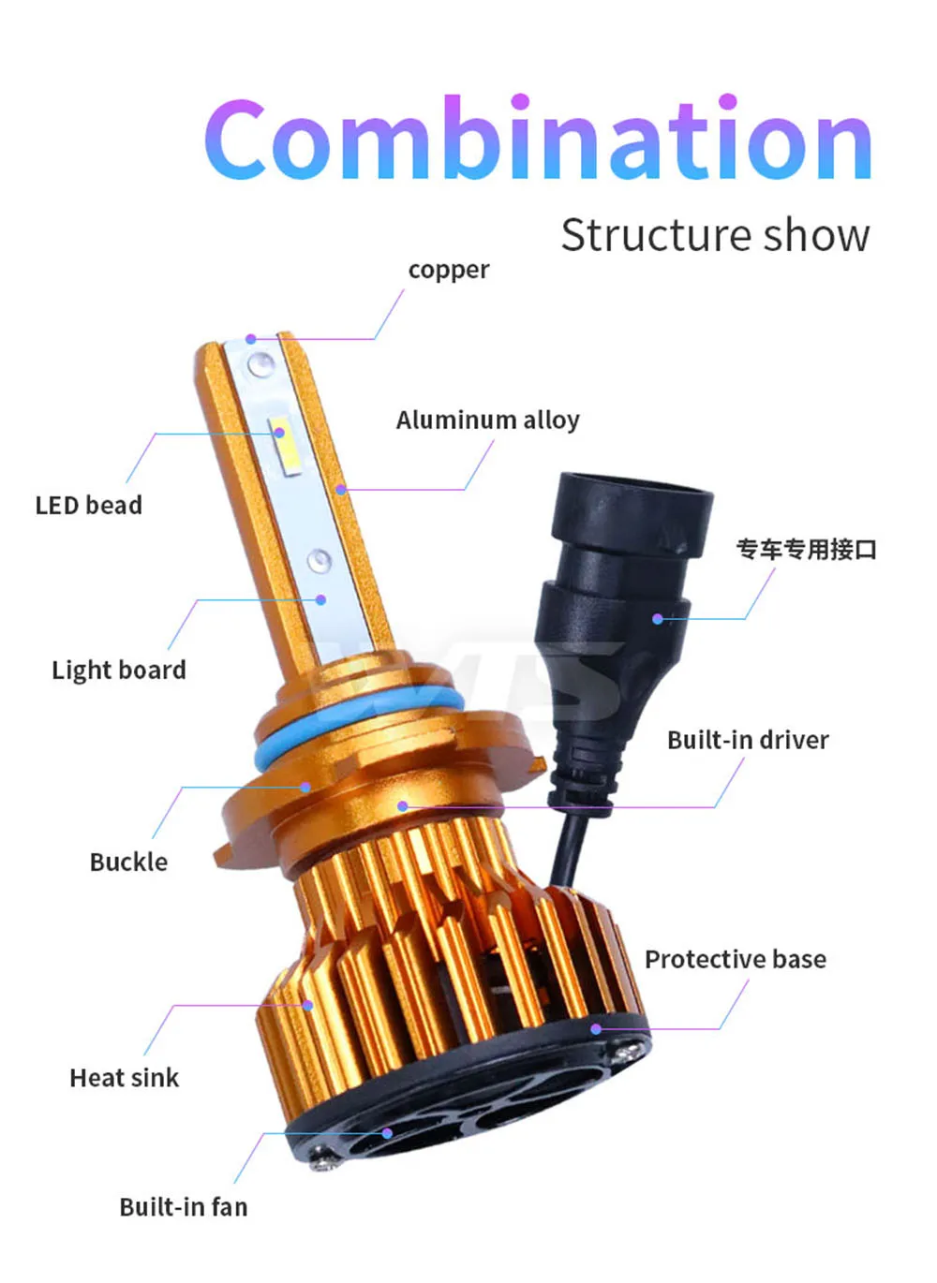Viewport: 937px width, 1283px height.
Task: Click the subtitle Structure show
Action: [715, 235]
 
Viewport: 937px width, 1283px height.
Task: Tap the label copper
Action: [449, 270]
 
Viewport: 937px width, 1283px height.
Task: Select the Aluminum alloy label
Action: [487, 420]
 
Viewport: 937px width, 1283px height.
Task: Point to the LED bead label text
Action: [89, 505]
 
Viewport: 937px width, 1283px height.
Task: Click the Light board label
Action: [119, 671]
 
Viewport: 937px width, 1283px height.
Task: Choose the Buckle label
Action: [129, 862]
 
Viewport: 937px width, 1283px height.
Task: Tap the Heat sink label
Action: [125, 1078]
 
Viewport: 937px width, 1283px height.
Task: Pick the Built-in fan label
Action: [184, 1207]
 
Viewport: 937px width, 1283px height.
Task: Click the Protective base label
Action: [736, 959]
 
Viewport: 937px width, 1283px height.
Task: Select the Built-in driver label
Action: [748, 740]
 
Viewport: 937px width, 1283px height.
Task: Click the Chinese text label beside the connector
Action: [807, 550]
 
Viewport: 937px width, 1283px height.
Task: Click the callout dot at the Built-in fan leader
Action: [387, 1133]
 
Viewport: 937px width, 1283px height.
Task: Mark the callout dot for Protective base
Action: [596, 1028]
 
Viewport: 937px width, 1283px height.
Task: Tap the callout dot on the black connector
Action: [658, 619]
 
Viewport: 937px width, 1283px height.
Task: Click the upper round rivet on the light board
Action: [260, 363]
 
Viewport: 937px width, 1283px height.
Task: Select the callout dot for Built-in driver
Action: [403, 806]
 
